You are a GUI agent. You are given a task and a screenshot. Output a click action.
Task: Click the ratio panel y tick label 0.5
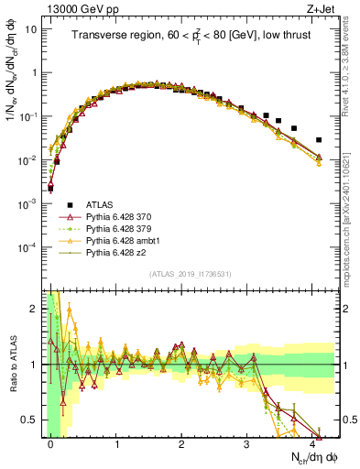click(x=32, y=420)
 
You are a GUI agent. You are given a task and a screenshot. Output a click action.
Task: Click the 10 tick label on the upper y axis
click(x=30, y=28)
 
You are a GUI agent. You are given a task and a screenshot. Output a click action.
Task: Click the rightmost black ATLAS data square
click(x=318, y=140)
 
